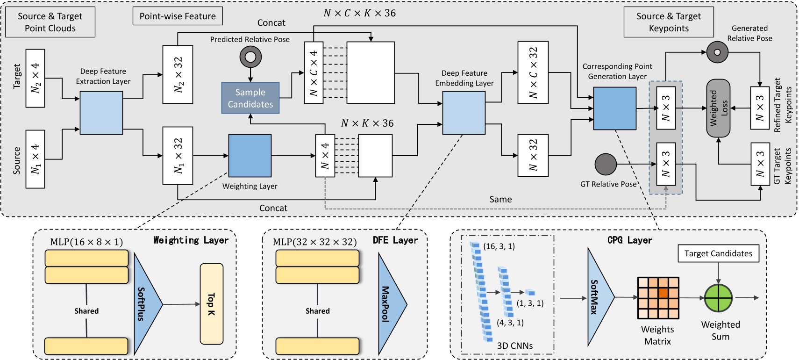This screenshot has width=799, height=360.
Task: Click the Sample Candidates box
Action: point(250,98)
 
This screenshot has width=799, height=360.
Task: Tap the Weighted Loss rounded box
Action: point(718,108)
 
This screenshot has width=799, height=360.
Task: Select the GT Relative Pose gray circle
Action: point(606,164)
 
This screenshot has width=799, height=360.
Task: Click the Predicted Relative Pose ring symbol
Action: point(250,57)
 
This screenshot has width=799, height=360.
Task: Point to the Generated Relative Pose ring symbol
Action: point(717,52)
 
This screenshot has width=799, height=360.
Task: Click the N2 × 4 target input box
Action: point(36,78)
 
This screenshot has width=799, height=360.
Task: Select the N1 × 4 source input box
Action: point(36,159)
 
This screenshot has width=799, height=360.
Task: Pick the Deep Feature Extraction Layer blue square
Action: point(101,113)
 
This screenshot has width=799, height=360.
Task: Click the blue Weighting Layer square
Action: point(250,156)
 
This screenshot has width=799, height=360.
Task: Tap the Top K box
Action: point(212,304)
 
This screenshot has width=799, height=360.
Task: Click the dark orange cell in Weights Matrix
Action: point(663,293)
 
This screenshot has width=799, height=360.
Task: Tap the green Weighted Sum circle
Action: point(718,298)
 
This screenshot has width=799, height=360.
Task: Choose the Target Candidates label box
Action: point(718,253)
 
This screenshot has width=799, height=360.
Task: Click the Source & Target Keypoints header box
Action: point(669,22)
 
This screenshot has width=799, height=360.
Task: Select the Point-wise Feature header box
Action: point(178,16)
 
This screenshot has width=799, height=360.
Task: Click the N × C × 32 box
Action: point(533,72)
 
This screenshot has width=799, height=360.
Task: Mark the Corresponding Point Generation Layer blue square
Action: point(614,108)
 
